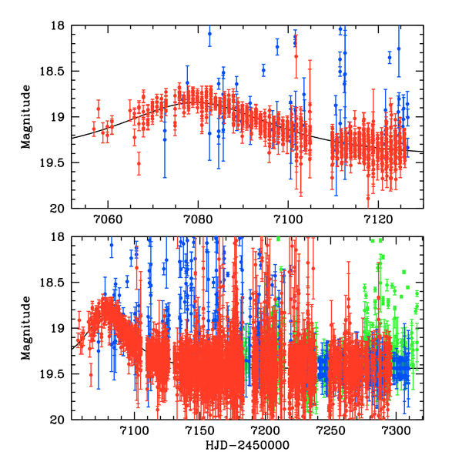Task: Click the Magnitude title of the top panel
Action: [x=26, y=117]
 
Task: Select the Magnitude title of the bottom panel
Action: [x=26, y=328]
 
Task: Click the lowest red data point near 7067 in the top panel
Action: [x=139, y=163]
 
